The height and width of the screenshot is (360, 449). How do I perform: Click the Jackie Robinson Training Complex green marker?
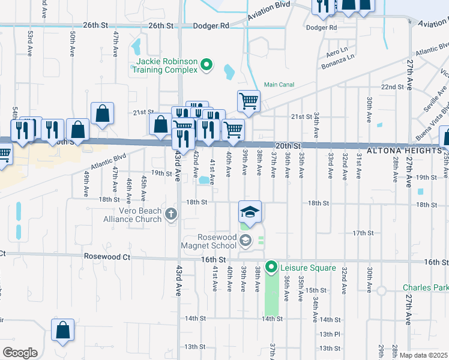[206, 65]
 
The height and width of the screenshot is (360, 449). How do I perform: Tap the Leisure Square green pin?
[271, 267]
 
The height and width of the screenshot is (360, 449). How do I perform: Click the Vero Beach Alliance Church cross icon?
[172, 214]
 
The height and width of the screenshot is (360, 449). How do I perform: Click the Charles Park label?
[425, 288]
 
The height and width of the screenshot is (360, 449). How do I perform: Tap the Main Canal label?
[279, 85]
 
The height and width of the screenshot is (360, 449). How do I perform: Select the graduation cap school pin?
[250, 212]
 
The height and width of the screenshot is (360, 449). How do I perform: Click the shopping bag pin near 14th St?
[62, 331]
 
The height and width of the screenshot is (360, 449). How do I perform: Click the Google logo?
[19, 353]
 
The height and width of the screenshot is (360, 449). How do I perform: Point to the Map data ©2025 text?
[423, 355]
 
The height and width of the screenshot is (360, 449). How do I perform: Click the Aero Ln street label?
[337, 49]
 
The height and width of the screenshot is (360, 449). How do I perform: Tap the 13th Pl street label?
[330, 334]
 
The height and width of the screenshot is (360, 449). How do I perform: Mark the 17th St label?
[363, 233]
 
